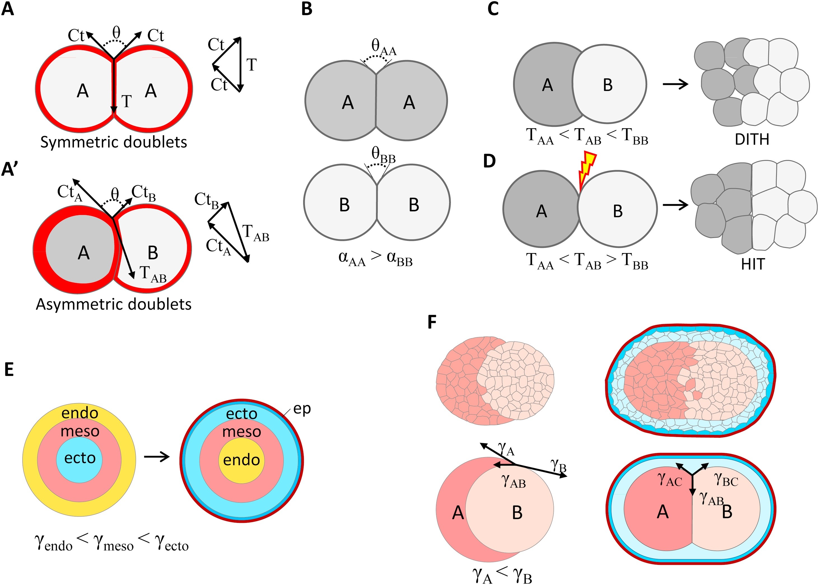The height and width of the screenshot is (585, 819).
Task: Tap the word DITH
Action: [752, 139]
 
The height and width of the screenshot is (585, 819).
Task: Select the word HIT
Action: [753, 265]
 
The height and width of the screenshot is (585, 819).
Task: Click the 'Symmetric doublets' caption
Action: [113, 142]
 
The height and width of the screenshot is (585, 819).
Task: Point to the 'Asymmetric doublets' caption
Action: [113, 304]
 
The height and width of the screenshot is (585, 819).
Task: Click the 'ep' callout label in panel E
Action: [302, 409]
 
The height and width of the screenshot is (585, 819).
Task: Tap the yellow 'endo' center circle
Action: [241, 460]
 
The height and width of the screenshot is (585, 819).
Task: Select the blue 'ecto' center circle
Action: [80, 458]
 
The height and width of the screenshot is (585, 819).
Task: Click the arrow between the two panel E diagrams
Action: [157, 457]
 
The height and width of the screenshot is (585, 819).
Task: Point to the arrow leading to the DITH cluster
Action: [675, 84]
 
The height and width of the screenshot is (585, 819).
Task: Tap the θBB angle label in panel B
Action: [383, 155]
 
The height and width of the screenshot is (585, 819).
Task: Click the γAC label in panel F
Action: [669, 480]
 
